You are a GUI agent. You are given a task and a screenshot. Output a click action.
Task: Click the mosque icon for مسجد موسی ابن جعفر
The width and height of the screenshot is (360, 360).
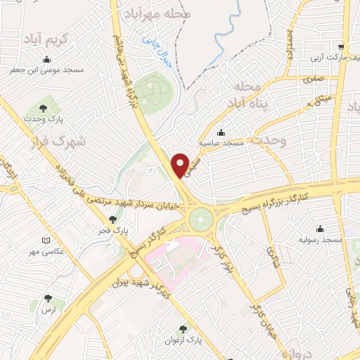[47, 59]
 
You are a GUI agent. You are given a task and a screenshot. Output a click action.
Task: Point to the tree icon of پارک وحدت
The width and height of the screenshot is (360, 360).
[44, 108]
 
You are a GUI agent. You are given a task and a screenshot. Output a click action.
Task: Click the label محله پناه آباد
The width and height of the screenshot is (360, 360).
[245, 96]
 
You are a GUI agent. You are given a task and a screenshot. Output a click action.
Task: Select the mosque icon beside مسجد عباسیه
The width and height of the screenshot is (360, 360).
[221, 131]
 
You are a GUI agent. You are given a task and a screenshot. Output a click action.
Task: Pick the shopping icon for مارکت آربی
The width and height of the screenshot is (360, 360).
[341, 41]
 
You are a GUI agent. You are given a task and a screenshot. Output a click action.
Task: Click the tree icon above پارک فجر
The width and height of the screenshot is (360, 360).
[112, 219]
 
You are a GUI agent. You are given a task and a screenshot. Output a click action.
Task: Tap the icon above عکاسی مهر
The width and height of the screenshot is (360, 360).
[46, 240]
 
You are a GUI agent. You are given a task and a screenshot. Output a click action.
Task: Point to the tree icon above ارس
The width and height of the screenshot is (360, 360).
[48, 298]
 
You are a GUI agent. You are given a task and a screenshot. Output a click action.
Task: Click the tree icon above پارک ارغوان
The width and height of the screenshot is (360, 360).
[184, 328]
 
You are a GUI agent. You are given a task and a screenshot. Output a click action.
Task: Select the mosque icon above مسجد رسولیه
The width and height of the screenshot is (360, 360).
[320, 229]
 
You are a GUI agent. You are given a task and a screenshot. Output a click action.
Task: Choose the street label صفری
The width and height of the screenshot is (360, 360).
[312, 80]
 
